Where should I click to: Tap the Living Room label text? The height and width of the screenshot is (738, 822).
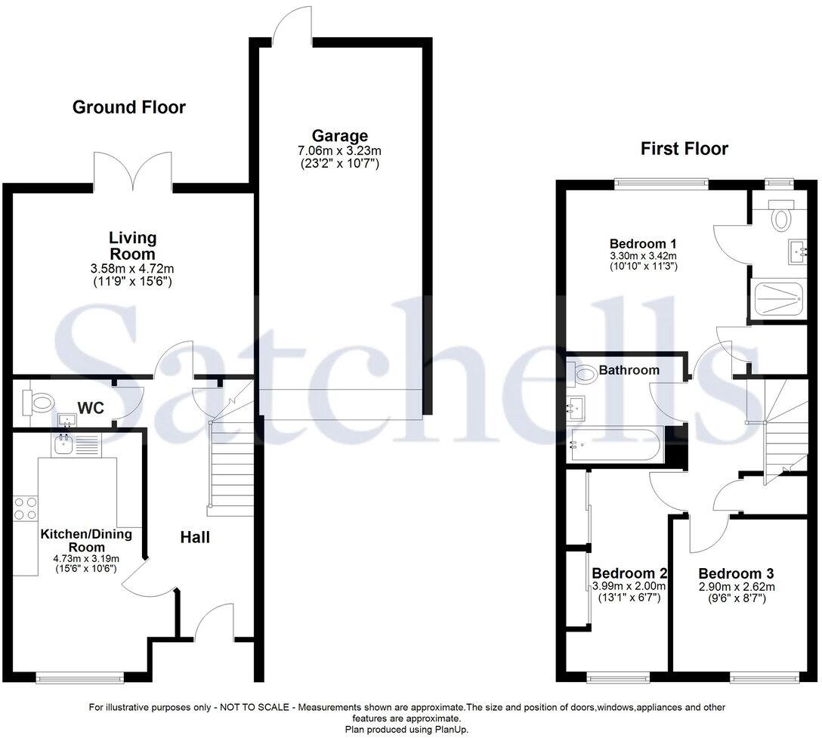(132, 245)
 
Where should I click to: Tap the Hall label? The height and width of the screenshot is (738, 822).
(195, 538)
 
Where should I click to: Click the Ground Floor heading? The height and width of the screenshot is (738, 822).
(128, 107)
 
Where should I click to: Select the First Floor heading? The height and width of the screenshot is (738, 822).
(684, 149)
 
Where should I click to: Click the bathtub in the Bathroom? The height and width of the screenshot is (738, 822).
(616, 444)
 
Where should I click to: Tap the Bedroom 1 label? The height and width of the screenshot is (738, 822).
(642, 244)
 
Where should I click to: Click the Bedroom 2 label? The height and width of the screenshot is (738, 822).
(629, 573)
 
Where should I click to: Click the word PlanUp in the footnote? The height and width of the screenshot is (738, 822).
(450, 729)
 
